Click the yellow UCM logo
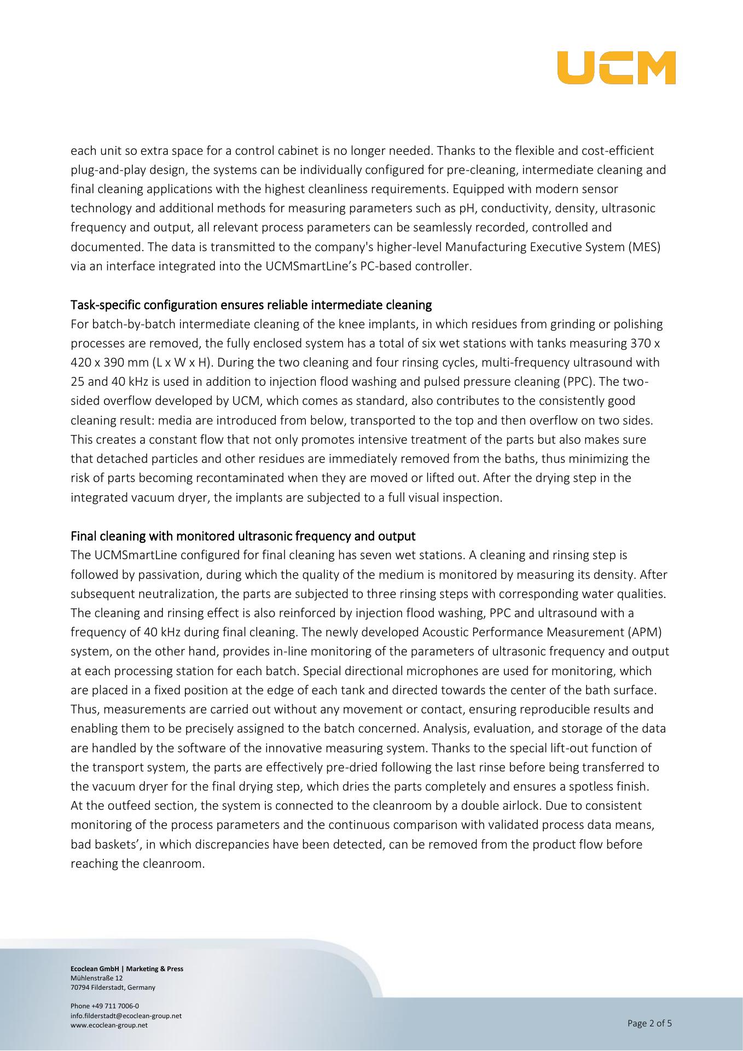616,68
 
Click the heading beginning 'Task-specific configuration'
251,304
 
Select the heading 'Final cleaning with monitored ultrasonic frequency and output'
243,536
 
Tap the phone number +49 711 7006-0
105,1006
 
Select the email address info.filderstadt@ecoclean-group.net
126,1015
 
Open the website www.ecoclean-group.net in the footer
109,1025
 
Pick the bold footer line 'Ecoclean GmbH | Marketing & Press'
127,968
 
